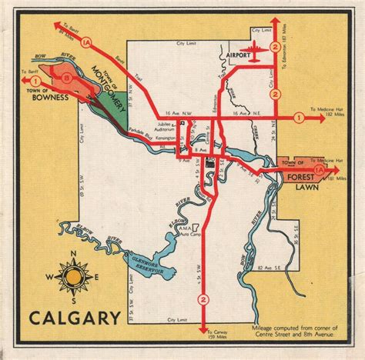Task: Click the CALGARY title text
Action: point(75,317)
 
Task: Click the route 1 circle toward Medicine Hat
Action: point(297,118)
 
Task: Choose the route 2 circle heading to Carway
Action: point(203,298)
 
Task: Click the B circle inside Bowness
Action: point(68,77)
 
